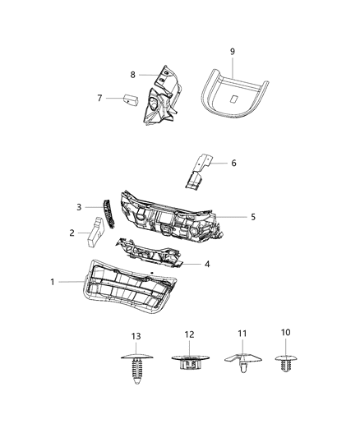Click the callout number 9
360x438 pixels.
point(233,52)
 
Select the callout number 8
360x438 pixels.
point(132,75)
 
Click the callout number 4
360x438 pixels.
point(206,264)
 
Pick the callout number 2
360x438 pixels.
point(72,233)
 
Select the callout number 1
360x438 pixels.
point(53,282)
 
